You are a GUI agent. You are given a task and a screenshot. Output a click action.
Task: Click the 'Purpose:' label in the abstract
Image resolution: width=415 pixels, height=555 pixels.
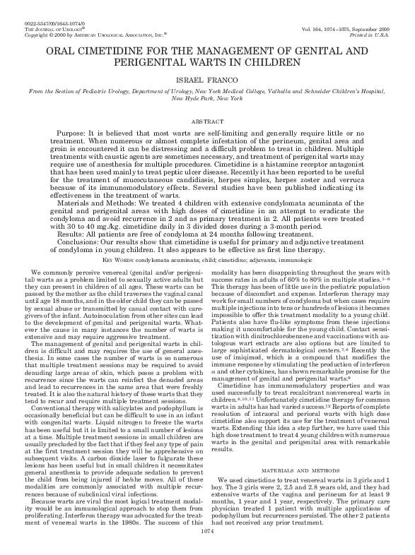coord(71,133)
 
